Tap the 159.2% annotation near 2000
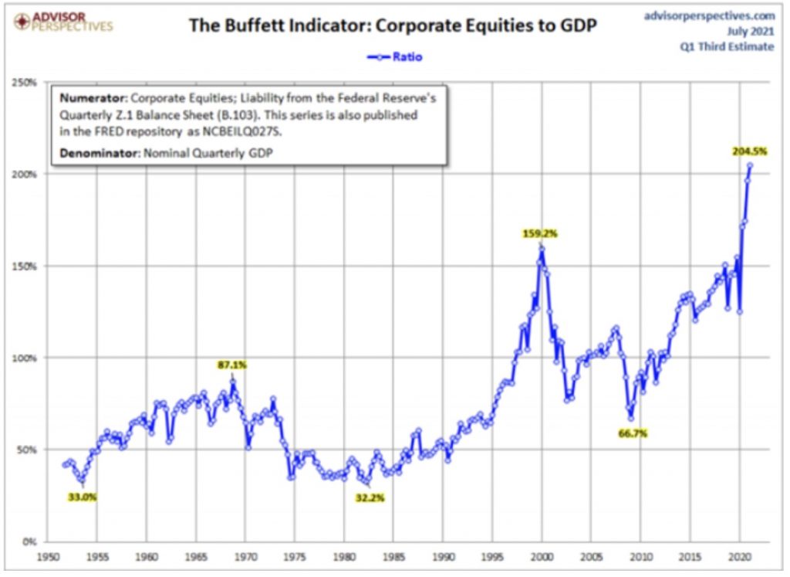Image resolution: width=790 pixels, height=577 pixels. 540,233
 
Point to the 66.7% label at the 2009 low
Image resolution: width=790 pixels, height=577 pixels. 633,434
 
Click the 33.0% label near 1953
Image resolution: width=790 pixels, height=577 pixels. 83,497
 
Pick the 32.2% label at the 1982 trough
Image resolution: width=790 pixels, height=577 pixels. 370,497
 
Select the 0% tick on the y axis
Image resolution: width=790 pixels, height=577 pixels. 30,541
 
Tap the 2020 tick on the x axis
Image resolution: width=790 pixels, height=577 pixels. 739,555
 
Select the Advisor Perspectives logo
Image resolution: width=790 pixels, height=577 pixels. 59,20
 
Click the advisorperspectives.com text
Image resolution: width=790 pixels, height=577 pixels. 709,14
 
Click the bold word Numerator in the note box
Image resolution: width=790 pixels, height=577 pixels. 94,100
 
